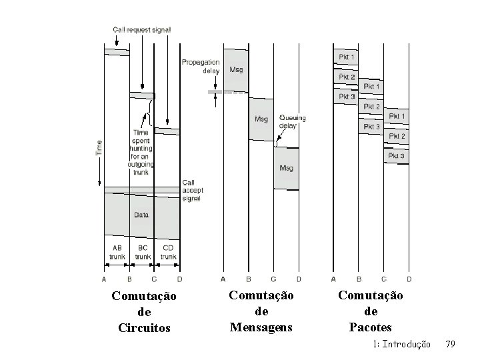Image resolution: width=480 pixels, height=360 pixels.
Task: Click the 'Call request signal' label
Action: coord(142,30)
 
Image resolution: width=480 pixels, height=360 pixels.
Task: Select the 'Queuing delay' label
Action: coord(293,121)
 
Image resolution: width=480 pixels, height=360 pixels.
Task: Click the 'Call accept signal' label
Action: coord(192,191)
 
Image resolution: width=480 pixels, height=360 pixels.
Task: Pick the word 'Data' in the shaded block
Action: coord(141,215)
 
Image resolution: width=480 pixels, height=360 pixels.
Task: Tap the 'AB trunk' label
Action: coord(117,251)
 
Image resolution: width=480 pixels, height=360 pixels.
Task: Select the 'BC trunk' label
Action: coord(142,251)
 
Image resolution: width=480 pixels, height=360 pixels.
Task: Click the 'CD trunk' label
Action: coord(168,251)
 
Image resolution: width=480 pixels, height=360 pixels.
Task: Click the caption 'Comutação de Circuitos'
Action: coord(144,311)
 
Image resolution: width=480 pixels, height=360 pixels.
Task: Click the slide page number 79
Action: coord(450,344)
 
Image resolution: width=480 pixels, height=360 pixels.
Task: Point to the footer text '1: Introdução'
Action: coord(401,344)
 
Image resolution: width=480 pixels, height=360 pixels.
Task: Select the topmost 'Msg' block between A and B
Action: coord(236,69)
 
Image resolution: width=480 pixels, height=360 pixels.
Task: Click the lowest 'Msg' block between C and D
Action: coord(286,168)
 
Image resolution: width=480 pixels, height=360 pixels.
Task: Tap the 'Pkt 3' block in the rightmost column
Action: coord(397,156)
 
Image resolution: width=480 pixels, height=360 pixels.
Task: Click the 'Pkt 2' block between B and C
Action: coord(371,107)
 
